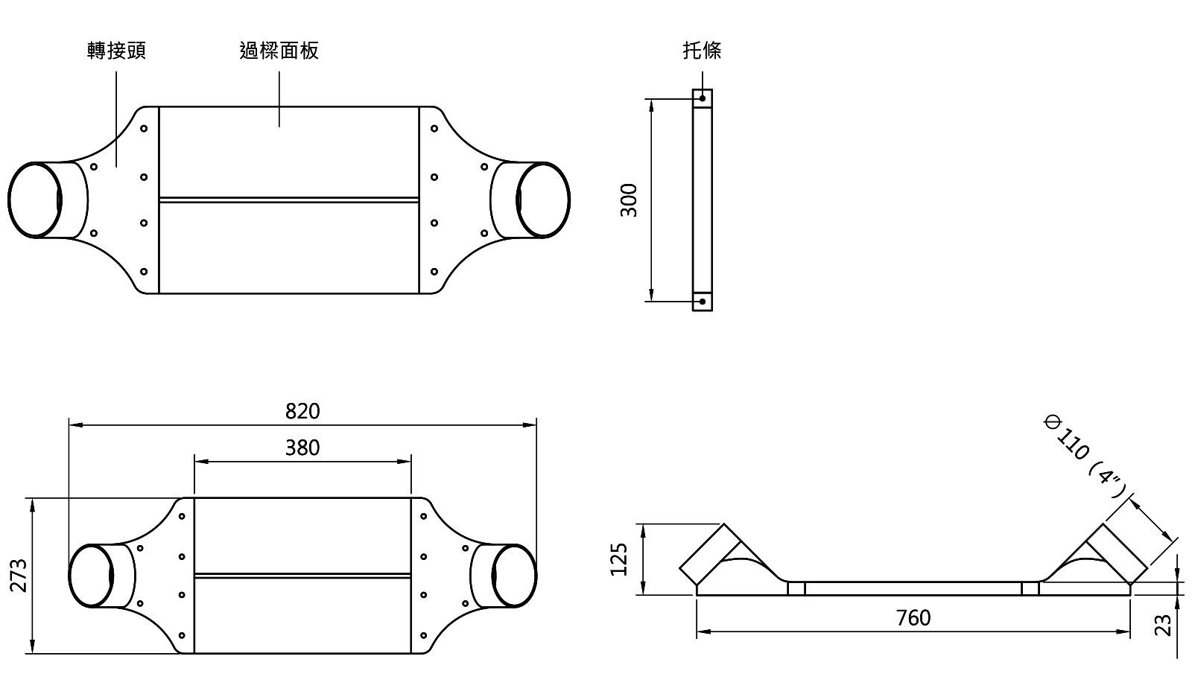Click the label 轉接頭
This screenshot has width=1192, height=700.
[x=116, y=51]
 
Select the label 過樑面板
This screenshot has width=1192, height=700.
[x=279, y=51]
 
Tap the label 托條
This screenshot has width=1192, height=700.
[x=702, y=51]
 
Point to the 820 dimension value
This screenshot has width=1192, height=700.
[x=302, y=411]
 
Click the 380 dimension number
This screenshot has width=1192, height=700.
[x=302, y=448]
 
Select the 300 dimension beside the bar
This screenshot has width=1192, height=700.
[x=630, y=200]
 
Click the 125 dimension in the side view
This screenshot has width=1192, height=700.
[x=619, y=559]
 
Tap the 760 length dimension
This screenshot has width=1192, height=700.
[x=913, y=617]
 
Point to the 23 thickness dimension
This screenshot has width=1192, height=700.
[x=1163, y=624]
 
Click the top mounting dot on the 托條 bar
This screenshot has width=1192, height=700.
[x=703, y=98]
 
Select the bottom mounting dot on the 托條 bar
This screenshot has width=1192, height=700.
[x=703, y=302]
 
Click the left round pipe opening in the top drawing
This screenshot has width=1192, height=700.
[x=34, y=200]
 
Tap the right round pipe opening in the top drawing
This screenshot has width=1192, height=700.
[x=543, y=200]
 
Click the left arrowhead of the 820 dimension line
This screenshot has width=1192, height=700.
[x=73, y=425]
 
